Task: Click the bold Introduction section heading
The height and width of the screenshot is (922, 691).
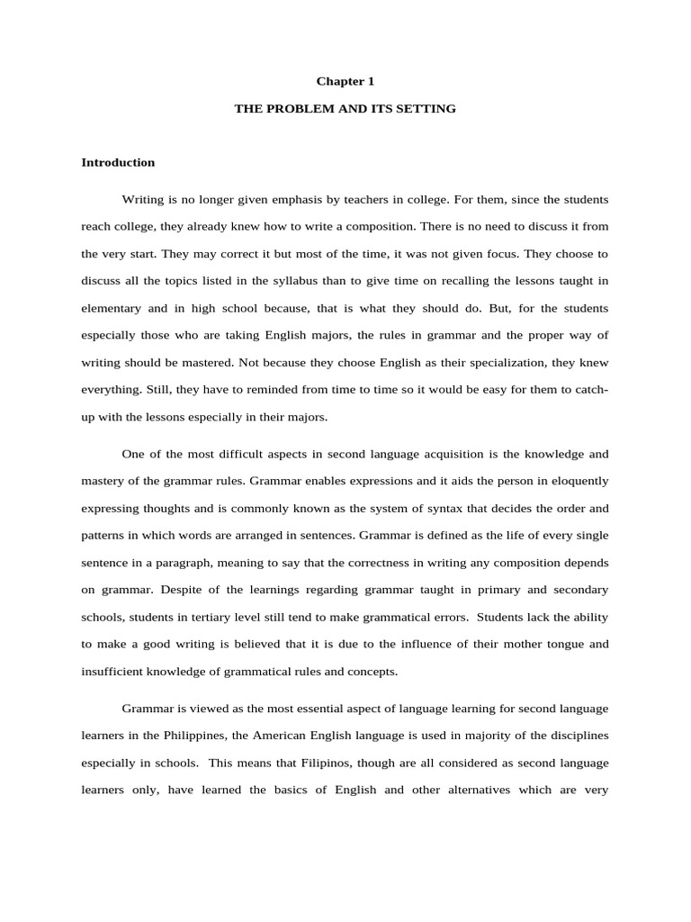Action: [x=118, y=163]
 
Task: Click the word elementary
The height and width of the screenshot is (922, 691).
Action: [x=112, y=307]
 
